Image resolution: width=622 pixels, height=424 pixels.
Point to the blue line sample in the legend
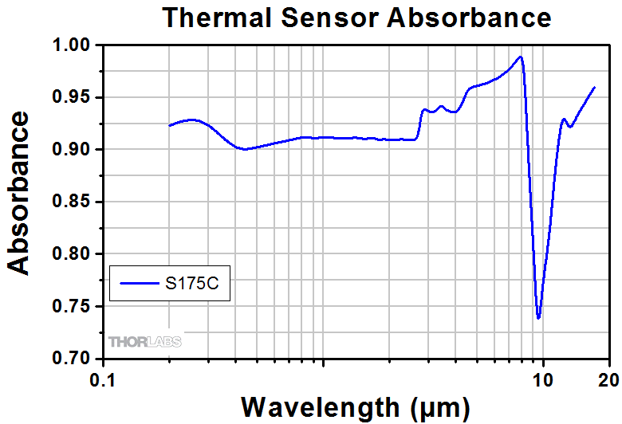(139, 283)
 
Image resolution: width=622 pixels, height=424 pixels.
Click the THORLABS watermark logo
(145, 342)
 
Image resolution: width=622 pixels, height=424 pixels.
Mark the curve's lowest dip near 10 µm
(539, 317)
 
